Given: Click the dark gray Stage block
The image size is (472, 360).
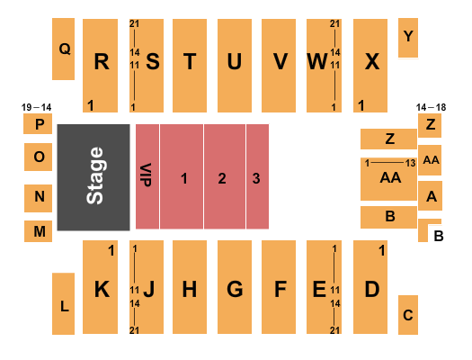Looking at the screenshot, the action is click(94, 177).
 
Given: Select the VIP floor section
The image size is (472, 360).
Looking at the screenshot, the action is click(147, 176).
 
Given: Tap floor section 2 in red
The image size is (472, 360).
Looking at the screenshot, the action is click(225, 176).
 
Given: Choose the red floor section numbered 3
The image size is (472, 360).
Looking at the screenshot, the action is click(257, 176).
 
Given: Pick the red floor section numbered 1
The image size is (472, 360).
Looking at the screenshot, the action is click(182, 176).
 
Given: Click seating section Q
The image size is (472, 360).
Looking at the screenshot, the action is click(63, 49).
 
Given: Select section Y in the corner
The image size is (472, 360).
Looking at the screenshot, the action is click(408, 38).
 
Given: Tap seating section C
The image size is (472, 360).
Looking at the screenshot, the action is click(408, 315).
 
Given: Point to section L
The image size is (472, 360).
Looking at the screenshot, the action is click(63, 303).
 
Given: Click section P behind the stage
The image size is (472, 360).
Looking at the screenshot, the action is click(38, 124).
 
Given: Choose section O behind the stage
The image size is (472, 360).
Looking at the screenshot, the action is click(38, 157).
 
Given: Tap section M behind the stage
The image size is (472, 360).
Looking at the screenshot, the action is click(38, 231).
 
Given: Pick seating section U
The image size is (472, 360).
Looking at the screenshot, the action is click(235, 66).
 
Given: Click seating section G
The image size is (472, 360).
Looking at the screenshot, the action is click(235, 287).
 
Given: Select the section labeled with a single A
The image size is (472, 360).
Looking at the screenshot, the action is click(430, 196).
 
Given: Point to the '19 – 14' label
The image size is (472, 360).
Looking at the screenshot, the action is click(37, 107).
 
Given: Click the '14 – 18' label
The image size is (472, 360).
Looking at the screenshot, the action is click(431, 107).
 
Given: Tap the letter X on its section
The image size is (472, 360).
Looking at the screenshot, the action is click(372, 62).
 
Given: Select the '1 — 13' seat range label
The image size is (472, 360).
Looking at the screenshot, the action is click(390, 163).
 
